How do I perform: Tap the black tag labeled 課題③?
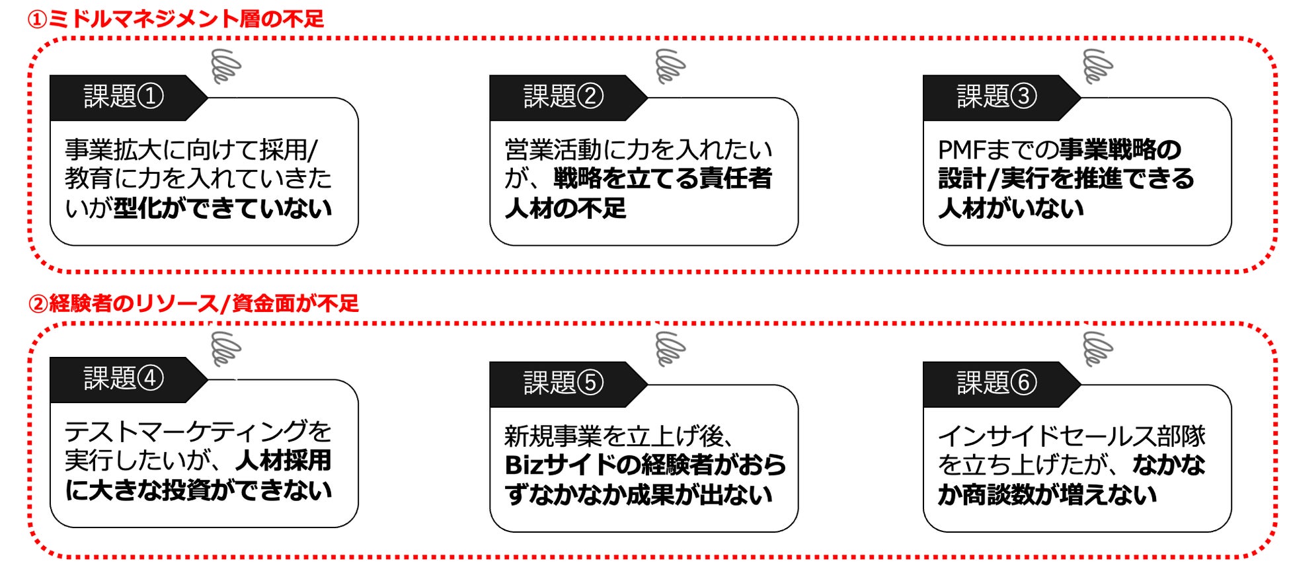coord(996,97)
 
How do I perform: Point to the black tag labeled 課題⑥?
coord(996,383)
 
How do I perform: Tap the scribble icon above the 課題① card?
coord(225,66)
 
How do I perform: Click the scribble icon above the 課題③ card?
coord(1097,66)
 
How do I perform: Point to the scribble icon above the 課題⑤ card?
coord(670,349)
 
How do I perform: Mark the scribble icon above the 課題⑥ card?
coord(1097,349)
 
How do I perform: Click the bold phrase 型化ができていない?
coord(223,209)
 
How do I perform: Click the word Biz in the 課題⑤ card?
coord(524,466)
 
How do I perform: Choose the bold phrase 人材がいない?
coord(1011,209)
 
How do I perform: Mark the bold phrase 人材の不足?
coord(565,209)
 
